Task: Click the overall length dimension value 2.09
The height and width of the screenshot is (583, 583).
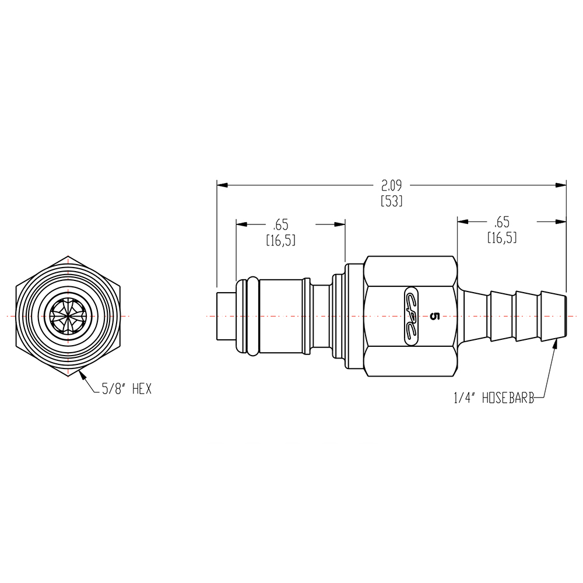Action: pos(392,186)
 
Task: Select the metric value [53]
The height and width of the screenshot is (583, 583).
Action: pos(392,201)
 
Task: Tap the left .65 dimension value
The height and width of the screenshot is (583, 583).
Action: pos(280,224)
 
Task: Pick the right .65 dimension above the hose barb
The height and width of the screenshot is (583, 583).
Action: pos(501,222)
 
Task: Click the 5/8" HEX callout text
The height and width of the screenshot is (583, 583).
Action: pos(127,389)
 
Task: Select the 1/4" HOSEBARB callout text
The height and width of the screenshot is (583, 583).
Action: pos(494,398)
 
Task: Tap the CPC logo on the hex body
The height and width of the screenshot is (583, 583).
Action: pos(411,315)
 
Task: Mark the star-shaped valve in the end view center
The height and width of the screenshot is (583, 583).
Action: pos(68,315)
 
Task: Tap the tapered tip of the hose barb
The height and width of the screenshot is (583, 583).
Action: pos(559,315)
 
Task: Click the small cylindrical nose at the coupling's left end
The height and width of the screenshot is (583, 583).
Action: pos(225,315)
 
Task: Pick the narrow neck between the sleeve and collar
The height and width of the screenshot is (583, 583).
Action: pos(319,315)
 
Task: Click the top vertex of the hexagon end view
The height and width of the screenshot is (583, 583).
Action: pos(68,256)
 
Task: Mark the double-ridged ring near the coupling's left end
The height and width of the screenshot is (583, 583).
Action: pos(247,315)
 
